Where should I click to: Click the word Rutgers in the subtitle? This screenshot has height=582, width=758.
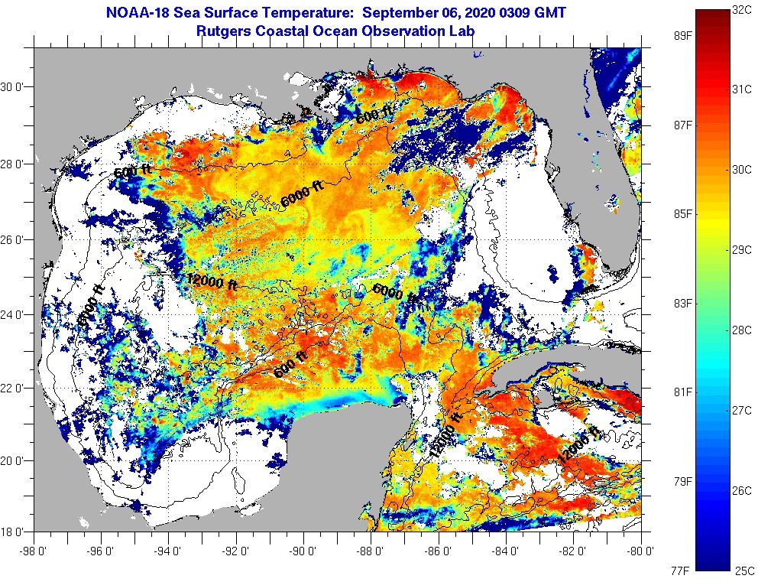click(x=223, y=31)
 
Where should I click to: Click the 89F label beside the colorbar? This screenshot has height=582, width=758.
click(x=682, y=36)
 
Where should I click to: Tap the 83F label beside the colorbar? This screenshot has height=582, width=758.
click(x=682, y=304)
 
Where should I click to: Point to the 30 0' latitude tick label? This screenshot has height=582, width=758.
click(x=16, y=86)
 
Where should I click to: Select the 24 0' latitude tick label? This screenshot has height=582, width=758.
click(x=16, y=314)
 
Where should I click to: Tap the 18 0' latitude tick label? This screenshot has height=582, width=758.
click(x=16, y=531)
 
